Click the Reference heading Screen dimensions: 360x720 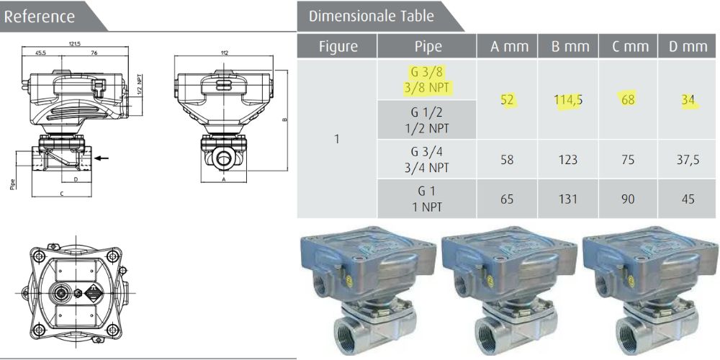click(40, 16)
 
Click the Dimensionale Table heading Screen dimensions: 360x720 click(371, 16)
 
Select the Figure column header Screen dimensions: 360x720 click(338, 47)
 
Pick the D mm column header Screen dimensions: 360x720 click(688, 47)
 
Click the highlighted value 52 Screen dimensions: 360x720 click(508, 100)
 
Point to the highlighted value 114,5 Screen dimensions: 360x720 click(567, 100)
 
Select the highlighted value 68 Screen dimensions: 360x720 click(628, 100)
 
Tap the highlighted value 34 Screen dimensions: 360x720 click(688, 100)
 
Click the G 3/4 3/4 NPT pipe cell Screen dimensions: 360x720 click(429, 159)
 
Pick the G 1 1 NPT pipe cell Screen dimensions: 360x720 click(429, 198)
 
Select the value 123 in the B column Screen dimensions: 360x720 click(567, 159)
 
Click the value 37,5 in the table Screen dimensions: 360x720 click(688, 159)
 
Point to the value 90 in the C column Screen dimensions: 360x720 click(628, 198)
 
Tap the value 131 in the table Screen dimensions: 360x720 click(567, 198)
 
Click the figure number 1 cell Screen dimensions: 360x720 click(337, 139)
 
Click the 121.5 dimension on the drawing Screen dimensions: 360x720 click(76, 44)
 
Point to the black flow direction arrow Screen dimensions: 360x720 click(103, 157)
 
